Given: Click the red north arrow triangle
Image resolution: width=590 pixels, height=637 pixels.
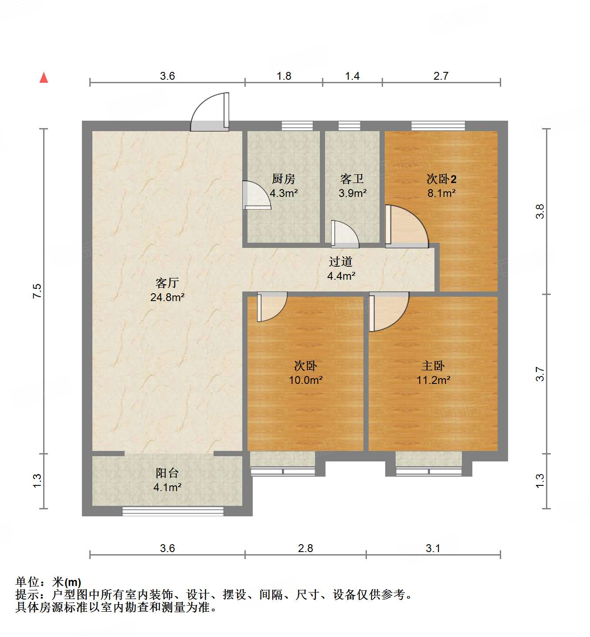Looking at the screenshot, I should click(44, 78).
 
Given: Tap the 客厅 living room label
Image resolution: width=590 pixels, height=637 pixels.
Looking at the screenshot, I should click(167, 283).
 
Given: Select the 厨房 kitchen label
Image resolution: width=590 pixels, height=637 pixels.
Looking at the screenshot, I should click(283, 179).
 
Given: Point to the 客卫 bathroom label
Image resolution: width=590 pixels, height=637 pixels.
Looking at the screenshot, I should click(352, 179).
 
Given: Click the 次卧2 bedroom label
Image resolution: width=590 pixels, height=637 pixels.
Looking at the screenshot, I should click(441, 179).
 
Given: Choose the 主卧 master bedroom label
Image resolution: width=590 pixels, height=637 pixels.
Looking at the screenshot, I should click(433, 366).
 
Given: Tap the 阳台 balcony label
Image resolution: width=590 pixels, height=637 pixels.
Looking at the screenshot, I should click(167, 473).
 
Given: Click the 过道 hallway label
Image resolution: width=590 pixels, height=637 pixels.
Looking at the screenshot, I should click(341, 261).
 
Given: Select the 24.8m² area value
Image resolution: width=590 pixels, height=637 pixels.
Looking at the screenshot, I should click(167, 298).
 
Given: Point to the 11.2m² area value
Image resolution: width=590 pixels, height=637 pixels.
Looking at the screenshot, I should click(433, 380).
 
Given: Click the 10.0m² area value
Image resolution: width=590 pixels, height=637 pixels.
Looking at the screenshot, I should click(305, 380).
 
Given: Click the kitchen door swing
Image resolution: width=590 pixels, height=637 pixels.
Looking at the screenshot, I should click(256, 195).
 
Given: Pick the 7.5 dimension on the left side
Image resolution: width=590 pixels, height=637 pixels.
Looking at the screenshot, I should click(37, 291).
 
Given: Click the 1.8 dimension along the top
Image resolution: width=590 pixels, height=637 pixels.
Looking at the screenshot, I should click(284, 76).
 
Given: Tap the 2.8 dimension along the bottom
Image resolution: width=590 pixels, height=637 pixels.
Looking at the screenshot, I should click(305, 548).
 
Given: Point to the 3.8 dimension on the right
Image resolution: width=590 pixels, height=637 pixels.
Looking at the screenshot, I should click(540, 212).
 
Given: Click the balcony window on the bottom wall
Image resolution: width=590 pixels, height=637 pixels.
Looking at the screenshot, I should click(173, 511).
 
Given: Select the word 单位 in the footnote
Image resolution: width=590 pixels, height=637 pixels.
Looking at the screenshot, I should click(27, 582).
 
